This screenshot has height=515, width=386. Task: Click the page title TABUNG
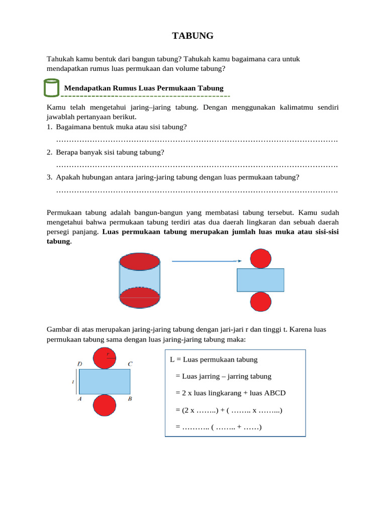[x=193, y=36]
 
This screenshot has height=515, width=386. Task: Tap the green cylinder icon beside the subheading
[x=51, y=88]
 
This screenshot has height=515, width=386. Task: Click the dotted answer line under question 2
[x=197, y=164]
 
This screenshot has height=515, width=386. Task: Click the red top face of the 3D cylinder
[x=140, y=262]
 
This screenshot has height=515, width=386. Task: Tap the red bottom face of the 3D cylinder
[x=140, y=297]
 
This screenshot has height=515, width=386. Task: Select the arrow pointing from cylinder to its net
[x=207, y=261]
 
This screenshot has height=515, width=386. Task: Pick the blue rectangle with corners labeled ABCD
[x=105, y=382]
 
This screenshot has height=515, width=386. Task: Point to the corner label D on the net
[x=80, y=364]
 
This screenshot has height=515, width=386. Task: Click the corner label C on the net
[x=130, y=364]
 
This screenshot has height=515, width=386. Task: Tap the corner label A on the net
[x=80, y=399]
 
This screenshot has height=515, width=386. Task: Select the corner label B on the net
[x=130, y=399]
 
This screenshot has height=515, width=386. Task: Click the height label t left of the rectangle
[x=73, y=382]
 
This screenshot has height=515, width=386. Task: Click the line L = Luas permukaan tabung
[x=214, y=360]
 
